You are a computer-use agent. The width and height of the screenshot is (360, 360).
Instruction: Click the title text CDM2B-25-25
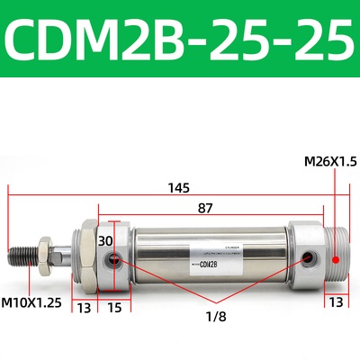point(180,38)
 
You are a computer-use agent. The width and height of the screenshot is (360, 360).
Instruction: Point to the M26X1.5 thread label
point(331,162)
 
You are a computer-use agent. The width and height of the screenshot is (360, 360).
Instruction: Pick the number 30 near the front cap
point(106,241)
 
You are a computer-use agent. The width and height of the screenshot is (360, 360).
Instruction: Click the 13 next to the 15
point(85,308)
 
